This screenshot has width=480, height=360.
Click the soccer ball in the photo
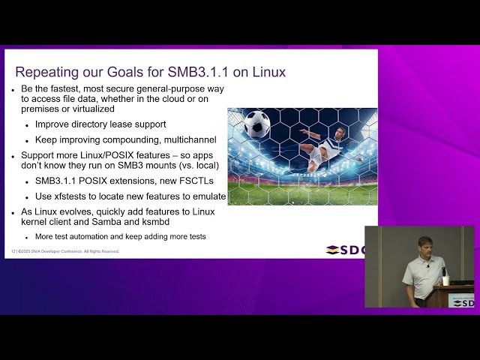256,124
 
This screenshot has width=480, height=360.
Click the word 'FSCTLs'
193,181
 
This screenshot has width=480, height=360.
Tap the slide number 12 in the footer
13,251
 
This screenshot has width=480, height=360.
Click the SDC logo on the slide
346,250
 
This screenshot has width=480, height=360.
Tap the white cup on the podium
445,280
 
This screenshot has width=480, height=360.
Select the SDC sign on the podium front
461,302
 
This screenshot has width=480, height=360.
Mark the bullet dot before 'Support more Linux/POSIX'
13,156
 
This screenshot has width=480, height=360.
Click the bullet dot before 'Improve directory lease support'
27,124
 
